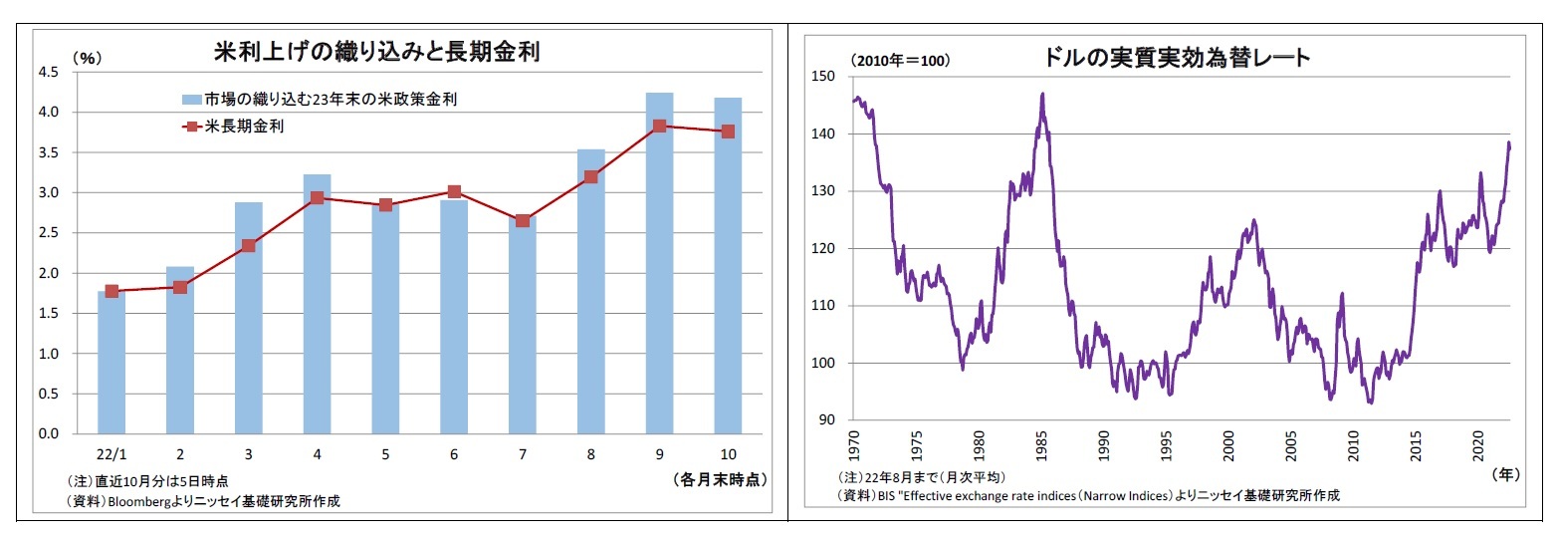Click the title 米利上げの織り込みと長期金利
[x=377, y=52]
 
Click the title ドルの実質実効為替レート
[x=1178, y=58]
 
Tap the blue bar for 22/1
[x=111, y=363]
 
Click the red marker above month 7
[x=523, y=220]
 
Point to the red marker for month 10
[x=728, y=132]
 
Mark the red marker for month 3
[x=248, y=245]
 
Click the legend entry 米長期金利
[x=244, y=127]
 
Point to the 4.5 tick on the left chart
[x=48, y=72]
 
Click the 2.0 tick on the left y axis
[x=48, y=273]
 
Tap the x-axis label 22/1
[x=111, y=453]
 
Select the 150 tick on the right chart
[x=823, y=77]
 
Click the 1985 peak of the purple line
[x=1041, y=95]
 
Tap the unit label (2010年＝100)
[x=900, y=61]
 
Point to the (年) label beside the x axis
[x=1507, y=475]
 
